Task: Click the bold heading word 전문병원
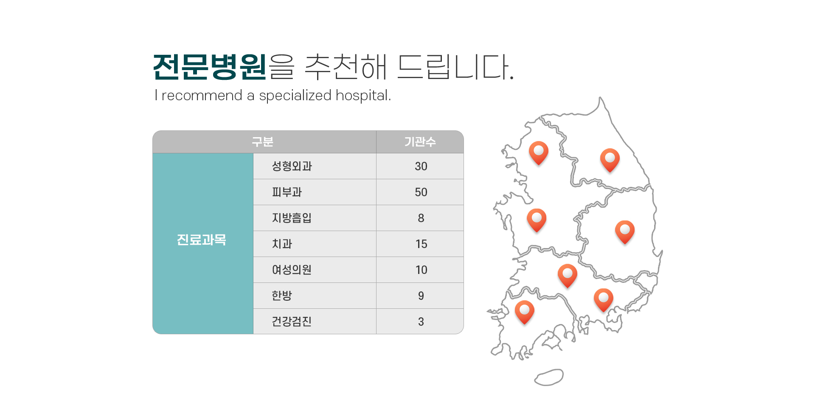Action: tap(210, 67)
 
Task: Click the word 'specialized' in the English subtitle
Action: tap(295, 96)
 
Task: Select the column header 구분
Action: tap(263, 141)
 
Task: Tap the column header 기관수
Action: tap(420, 141)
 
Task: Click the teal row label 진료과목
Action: tap(202, 240)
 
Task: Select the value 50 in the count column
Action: tap(421, 192)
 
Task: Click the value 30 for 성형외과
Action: tap(421, 166)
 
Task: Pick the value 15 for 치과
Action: tap(421, 244)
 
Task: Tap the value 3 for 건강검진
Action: tap(421, 322)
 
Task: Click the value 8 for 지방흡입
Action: tap(421, 218)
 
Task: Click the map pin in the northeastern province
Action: tap(610, 160)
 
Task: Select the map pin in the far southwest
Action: tap(525, 312)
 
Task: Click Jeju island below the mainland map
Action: tap(549, 377)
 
